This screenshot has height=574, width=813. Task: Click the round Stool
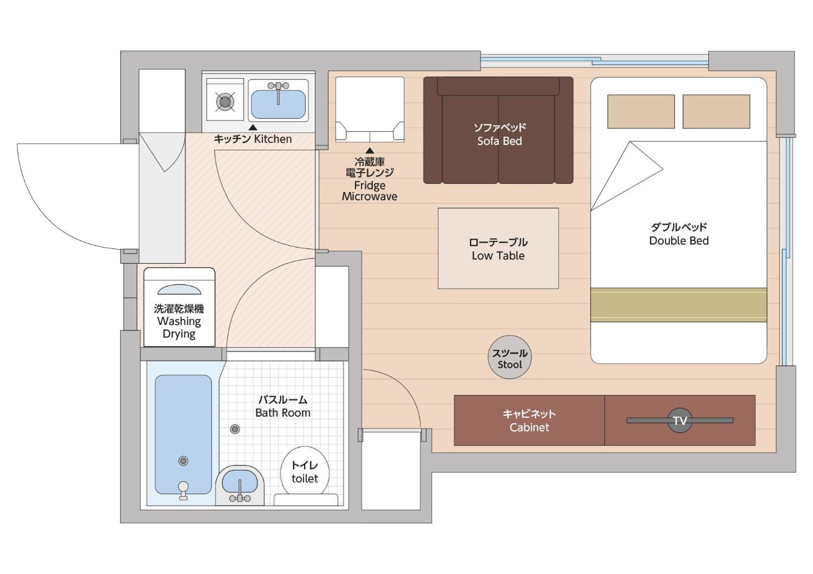point(509,357)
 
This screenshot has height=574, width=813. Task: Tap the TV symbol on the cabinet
point(680,420)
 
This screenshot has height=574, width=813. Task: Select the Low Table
point(498,249)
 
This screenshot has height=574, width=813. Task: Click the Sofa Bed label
point(500,134)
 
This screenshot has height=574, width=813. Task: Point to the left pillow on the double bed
point(641,111)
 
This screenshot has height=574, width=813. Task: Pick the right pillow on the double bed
point(716,111)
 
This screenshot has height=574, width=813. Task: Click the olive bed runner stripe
point(678,305)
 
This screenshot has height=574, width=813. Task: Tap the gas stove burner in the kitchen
point(225,102)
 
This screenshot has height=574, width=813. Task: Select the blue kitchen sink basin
point(278,104)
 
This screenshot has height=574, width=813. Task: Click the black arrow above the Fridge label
point(370,151)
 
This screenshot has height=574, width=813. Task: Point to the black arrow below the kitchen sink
point(253,127)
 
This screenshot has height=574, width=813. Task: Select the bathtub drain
point(183,461)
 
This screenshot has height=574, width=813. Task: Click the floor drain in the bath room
point(235,429)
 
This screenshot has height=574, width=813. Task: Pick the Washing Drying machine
point(179,307)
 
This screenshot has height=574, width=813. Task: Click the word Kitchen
point(273,139)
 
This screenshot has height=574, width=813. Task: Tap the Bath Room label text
point(283,406)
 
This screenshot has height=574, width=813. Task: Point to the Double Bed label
point(679,234)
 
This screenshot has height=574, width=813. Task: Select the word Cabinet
point(529,427)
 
